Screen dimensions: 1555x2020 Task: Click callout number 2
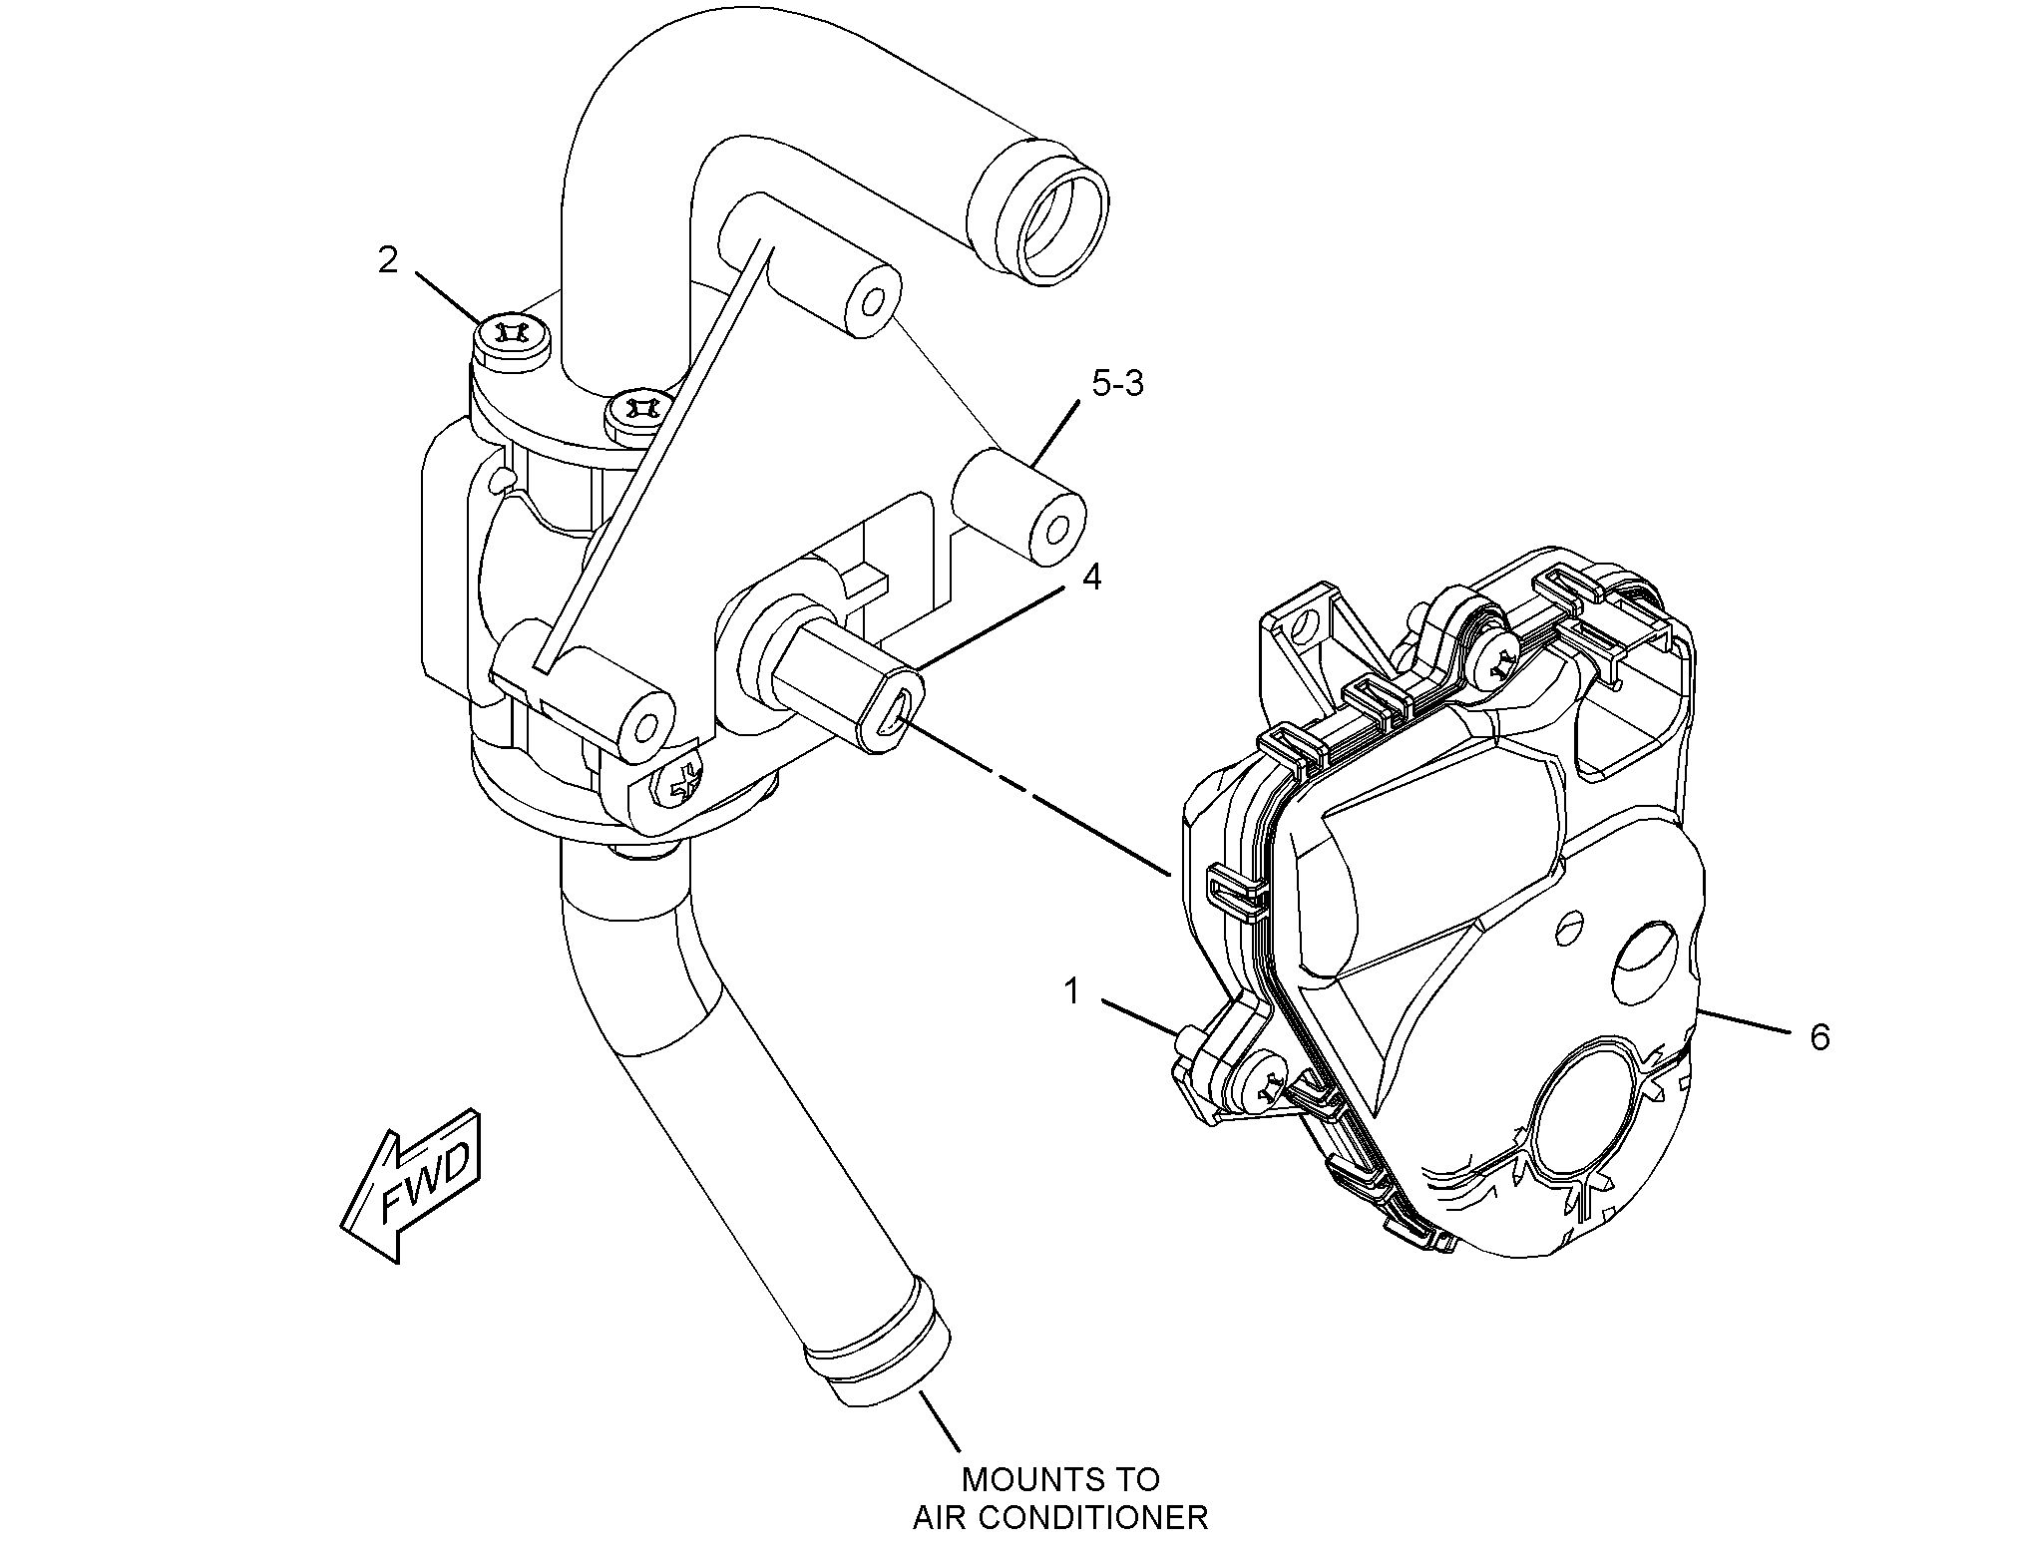pos(387,261)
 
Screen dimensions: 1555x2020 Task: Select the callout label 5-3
pos(1117,383)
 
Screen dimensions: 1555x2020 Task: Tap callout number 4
pos(1091,576)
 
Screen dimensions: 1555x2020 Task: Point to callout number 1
pos(1071,991)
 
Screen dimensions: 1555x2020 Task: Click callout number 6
pos(1819,1037)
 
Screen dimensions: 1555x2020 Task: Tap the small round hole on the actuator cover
pos(1570,924)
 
